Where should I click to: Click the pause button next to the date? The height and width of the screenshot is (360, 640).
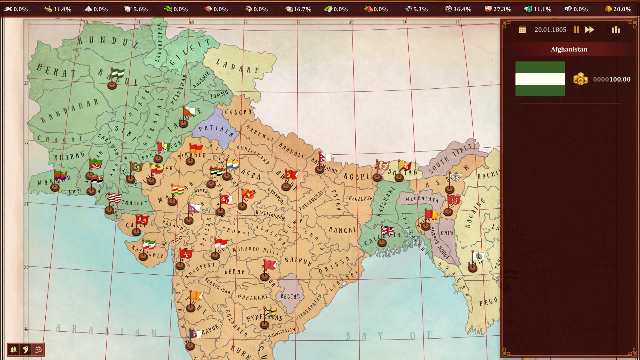point(576,30)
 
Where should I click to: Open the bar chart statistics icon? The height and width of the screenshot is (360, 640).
point(616,30)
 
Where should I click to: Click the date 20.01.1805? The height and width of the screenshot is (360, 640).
point(550,30)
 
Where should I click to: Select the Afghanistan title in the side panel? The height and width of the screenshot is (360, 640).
point(569,49)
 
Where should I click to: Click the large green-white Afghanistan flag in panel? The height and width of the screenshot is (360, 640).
point(540,79)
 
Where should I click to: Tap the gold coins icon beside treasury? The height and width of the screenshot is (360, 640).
point(580,79)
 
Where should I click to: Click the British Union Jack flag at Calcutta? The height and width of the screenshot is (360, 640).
point(387,231)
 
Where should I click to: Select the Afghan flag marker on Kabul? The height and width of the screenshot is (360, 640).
point(117,74)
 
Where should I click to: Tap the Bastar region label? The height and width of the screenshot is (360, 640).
point(290,296)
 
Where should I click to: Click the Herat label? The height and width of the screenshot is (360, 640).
point(56,71)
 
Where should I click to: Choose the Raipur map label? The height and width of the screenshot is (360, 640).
point(298,261)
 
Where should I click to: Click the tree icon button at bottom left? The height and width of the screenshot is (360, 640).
point(14,350)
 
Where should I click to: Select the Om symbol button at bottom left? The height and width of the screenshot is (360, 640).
point(38,350)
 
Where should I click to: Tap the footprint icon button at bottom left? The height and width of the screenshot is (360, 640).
point(26,350)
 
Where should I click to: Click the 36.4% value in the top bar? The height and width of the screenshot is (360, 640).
point(462,9)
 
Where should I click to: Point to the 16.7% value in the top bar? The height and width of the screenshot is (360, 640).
point(302,9)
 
